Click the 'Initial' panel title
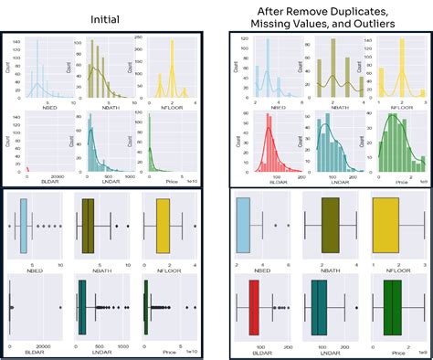[102, 17]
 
